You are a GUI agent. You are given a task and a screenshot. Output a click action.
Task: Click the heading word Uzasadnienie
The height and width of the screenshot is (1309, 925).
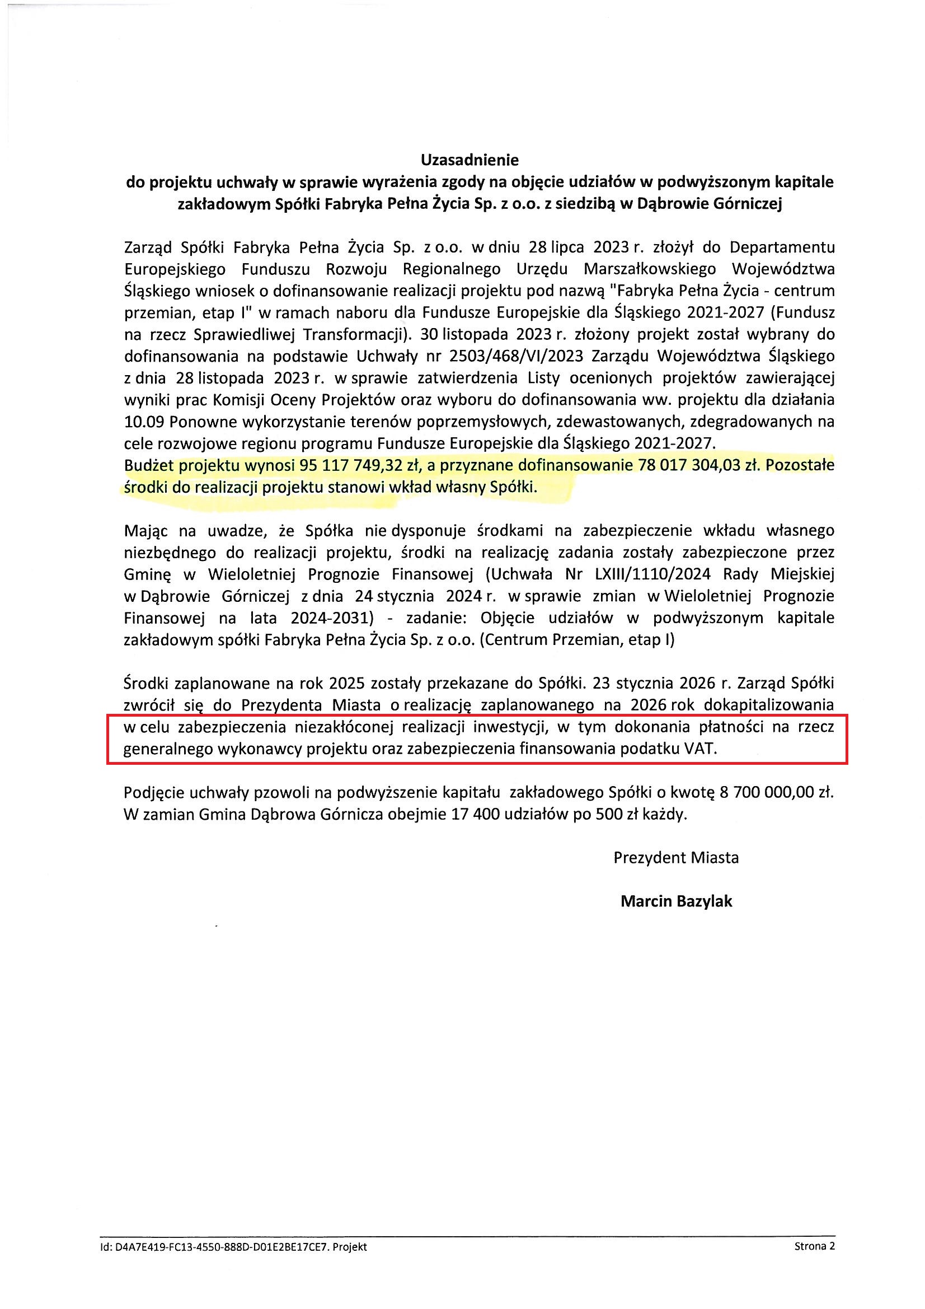coord(469,158)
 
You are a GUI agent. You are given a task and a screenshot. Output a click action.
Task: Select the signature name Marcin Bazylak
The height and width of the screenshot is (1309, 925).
coord(676,901)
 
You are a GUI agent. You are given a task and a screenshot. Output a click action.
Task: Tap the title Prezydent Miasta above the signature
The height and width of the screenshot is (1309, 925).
coord(676,857)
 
